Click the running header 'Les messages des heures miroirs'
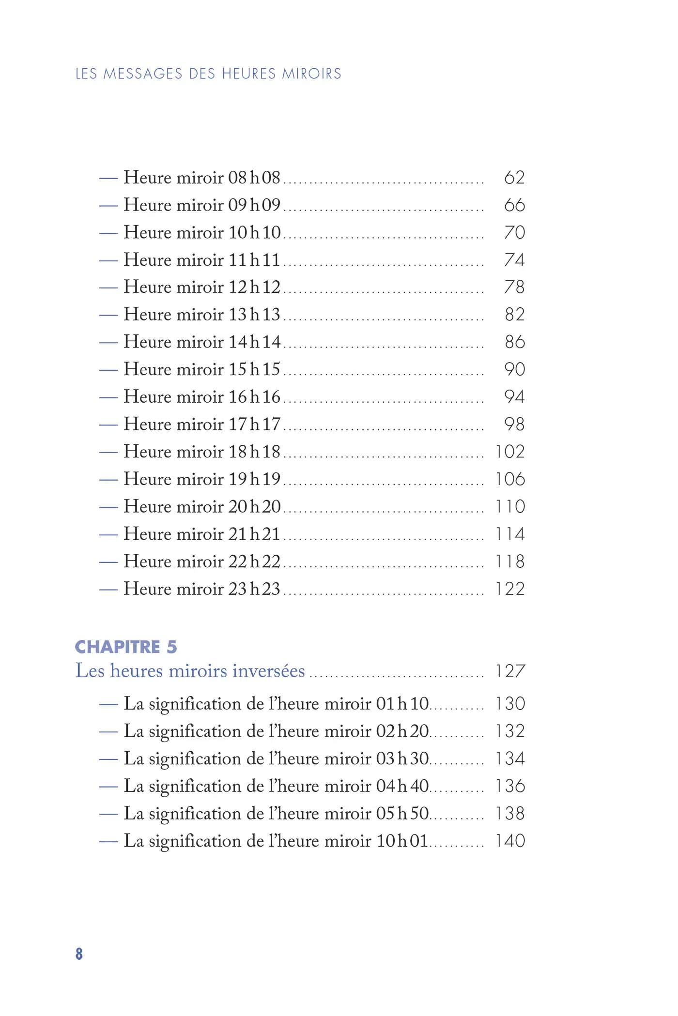click(208, 74)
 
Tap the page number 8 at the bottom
click(79, 954)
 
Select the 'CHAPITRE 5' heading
click(126, 647)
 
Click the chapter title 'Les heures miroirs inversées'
click(190, 671)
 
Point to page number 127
click(510, 671)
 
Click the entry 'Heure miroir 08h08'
click(201, 178)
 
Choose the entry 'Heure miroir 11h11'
click(201, 260)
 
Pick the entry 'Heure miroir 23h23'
click(201, 589)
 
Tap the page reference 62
click(514, 178)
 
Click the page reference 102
click(510, 452)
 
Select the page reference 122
click(510, 589)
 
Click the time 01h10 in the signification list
click(402, 704)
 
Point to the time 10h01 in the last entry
click(402, 841)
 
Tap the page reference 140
click(510, 841)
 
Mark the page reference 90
click(514, 369)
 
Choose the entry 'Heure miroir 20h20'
click(201, 507)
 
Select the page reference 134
click(510, 758)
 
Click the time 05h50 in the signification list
click(402, 814)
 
